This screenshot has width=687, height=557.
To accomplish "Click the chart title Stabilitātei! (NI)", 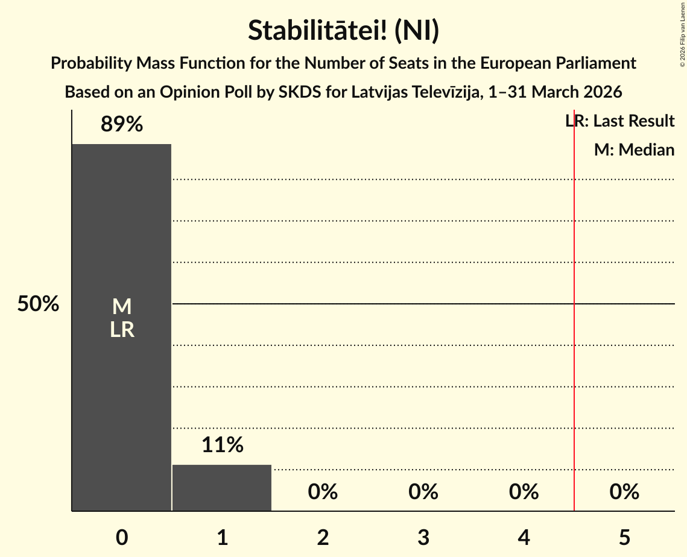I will click(x=343, y=31).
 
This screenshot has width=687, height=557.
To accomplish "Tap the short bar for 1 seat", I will click(x=222, y=488).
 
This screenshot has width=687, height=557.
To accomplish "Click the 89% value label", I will click(x=122, y=124).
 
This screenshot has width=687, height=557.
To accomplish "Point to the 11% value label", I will click(x=222, y=445).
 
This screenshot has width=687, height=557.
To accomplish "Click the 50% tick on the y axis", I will click(x=38, y=304).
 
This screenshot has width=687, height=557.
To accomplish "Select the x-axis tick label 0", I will click(x=122, y=537).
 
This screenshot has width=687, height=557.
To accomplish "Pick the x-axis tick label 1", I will click(x=222, y=537).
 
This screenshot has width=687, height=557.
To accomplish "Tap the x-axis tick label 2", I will click(x=323, y=537).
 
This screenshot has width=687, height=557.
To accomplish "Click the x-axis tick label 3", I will click(x=423, y=537).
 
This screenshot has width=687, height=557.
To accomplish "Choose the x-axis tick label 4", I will click(x=524, y=537).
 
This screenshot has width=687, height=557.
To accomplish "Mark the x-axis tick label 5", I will click(x=624, y=537).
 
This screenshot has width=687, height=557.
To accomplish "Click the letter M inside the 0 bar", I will click(x=122, y=307).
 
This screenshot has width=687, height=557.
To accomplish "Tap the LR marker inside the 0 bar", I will click(x=122, y=330).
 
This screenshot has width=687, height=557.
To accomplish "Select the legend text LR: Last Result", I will click(x=620, y=121).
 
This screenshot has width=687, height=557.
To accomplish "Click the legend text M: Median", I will click(x=634, y=149).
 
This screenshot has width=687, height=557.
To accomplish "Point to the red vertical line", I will click(x=574, y=362).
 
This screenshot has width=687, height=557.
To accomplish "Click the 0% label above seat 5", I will click(x=624, y=492).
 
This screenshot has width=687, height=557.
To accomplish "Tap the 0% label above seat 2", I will click(x=323, y=492).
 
